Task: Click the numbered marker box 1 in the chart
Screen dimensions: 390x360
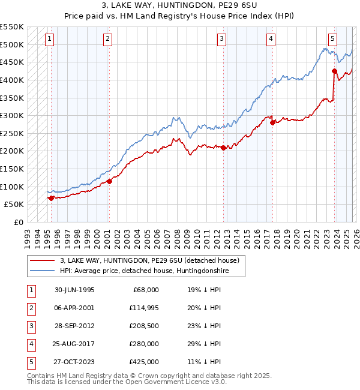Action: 49,39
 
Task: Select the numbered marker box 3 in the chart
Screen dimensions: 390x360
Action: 221,39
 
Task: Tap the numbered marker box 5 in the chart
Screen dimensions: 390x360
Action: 332,39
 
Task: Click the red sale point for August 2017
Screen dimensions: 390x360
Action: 272,122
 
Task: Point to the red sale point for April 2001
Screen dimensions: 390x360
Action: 109,181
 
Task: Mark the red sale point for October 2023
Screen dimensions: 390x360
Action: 334,71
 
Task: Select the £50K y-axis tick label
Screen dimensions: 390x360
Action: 14,204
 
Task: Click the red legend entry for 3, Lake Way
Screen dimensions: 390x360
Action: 149,260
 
